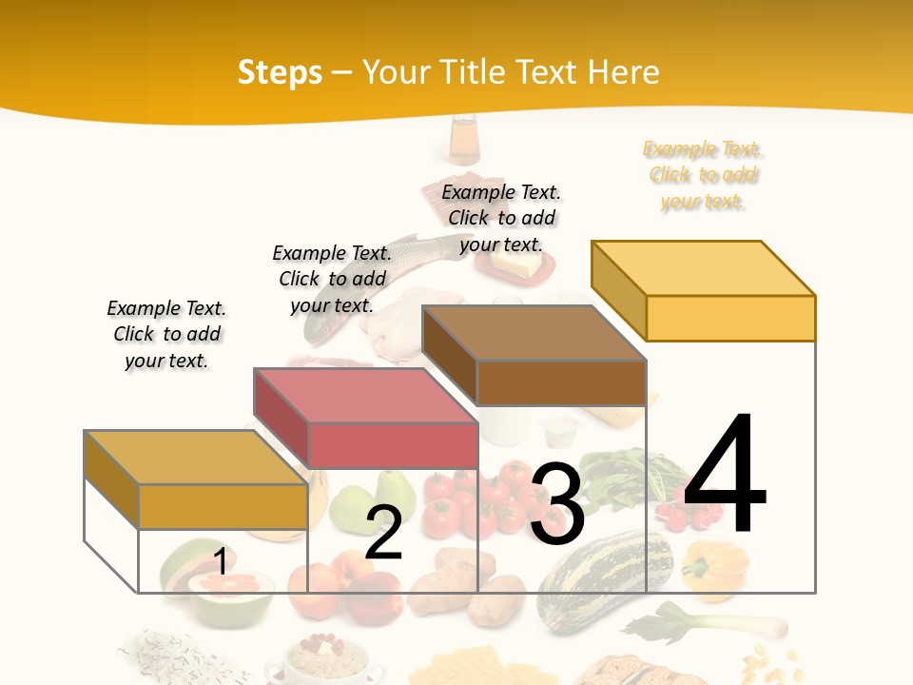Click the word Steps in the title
point(280,72)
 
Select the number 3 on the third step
point(557,505)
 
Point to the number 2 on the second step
point(384,534)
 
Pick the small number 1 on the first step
point(220,561)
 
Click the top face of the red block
point(364,395)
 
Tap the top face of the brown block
point(533,333)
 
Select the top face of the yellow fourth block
point(702,267)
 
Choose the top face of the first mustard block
point(195,457)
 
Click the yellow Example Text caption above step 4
point(703,175)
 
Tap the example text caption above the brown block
point(501,218)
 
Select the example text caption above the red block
point(332,279)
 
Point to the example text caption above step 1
point(166,334)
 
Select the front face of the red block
point(393,445)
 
